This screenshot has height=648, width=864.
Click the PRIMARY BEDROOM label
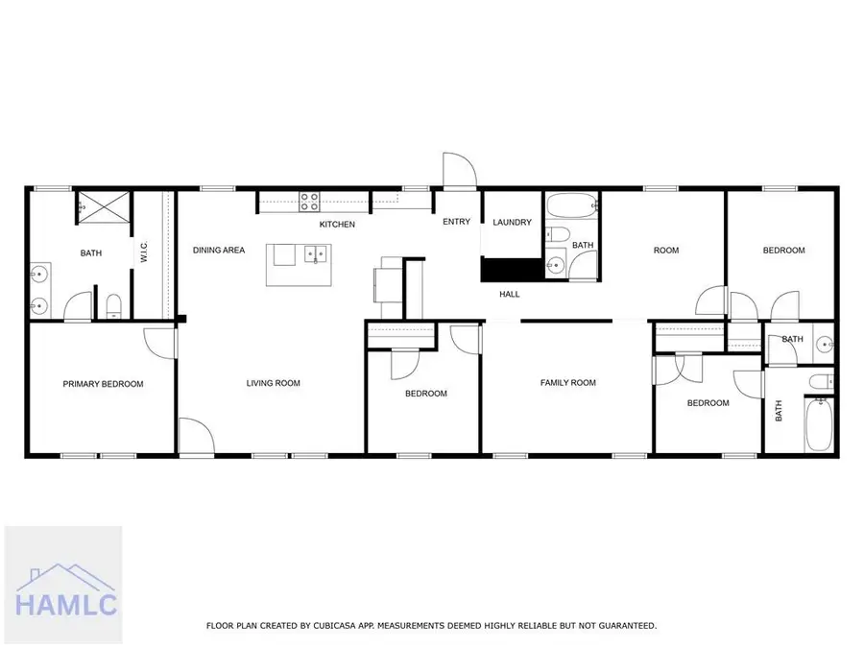tap(103, 384)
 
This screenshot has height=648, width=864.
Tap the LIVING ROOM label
tap(273, 383)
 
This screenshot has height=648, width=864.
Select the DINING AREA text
tap(219, 251)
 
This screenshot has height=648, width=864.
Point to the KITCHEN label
tap(337, 225)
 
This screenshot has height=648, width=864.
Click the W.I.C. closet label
tap(143, 252)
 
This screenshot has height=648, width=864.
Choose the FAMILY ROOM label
tap(567, 383)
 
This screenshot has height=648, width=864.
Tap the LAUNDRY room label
tap(512, 223)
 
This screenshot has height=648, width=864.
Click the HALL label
tap(510, 294)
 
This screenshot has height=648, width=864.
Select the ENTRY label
tap(456, 222)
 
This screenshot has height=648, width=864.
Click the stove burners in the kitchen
tap(311, 202)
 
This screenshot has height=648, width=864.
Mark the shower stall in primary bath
tap(96, 204)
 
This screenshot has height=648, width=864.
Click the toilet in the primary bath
tap(114, 306)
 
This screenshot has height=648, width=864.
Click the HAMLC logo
tap(63, 585)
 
